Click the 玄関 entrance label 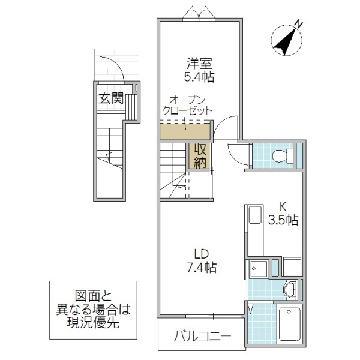pyautogui.click(x=111, y=98)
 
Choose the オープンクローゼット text pyautogui.click(x=187, y=106)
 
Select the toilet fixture pyautogui.click(x=282, y=157)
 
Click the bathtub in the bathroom pyautogui.click(x=290, y=325)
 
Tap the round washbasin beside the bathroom pyautogui.click(x=292, y=289)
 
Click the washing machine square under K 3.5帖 pyautogui.click(x=292, y=267)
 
